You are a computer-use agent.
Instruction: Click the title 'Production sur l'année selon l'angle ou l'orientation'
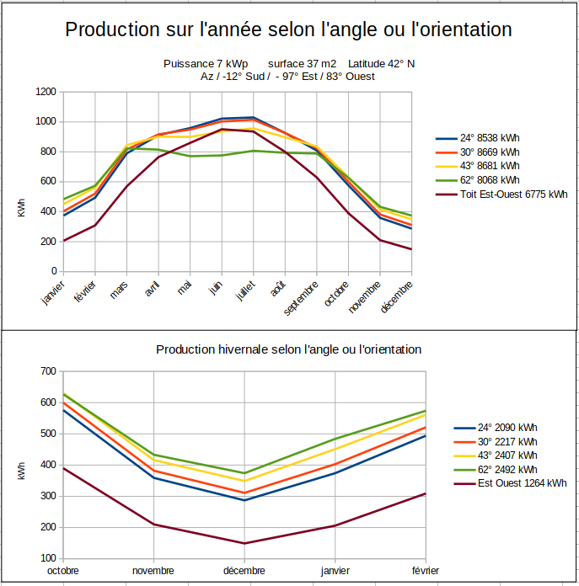(x=289, y=29)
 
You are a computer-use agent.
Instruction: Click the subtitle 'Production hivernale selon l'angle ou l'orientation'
(x=289, y=349)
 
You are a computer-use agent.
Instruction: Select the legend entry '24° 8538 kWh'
(x=490, y=138)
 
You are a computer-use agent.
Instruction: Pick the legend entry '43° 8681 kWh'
(x=490, y=166)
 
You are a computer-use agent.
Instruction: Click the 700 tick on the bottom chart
(x=48, y=371)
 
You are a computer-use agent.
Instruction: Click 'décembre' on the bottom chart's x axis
(x=244, y=571)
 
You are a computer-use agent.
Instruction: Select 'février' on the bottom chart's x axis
(x=425, y=571)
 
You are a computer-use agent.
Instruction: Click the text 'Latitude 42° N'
(x=382, y=64)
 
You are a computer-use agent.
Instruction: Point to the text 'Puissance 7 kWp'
(x=205, y=64)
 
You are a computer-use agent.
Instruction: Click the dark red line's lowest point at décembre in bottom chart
(x=244, y=543)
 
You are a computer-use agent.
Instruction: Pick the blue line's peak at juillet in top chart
(x=253, y=117)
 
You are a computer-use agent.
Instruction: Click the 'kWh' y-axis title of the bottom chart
(x=21, y=472)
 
